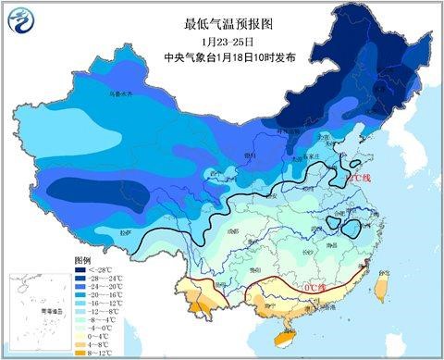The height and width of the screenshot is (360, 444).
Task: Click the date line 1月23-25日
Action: [x=223, y=42]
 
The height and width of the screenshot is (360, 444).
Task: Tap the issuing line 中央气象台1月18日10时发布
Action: [x=223, y=57]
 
